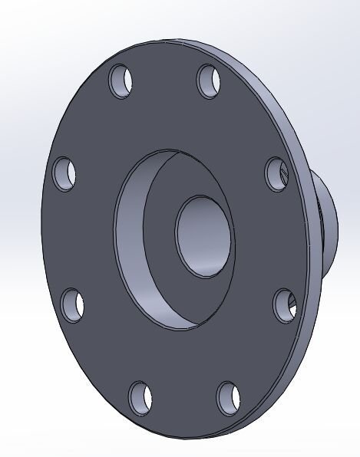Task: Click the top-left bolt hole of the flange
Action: click(121, 81)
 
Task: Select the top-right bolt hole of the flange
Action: click(210, 81)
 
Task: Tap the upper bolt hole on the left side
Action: click(64, 173)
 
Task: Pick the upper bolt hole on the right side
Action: click(277, 174)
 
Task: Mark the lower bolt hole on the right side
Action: click(285, 305)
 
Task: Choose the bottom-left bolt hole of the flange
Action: click(140, 396)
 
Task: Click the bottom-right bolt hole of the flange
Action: click(229, 398)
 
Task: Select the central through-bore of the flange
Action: click(201, 234)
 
